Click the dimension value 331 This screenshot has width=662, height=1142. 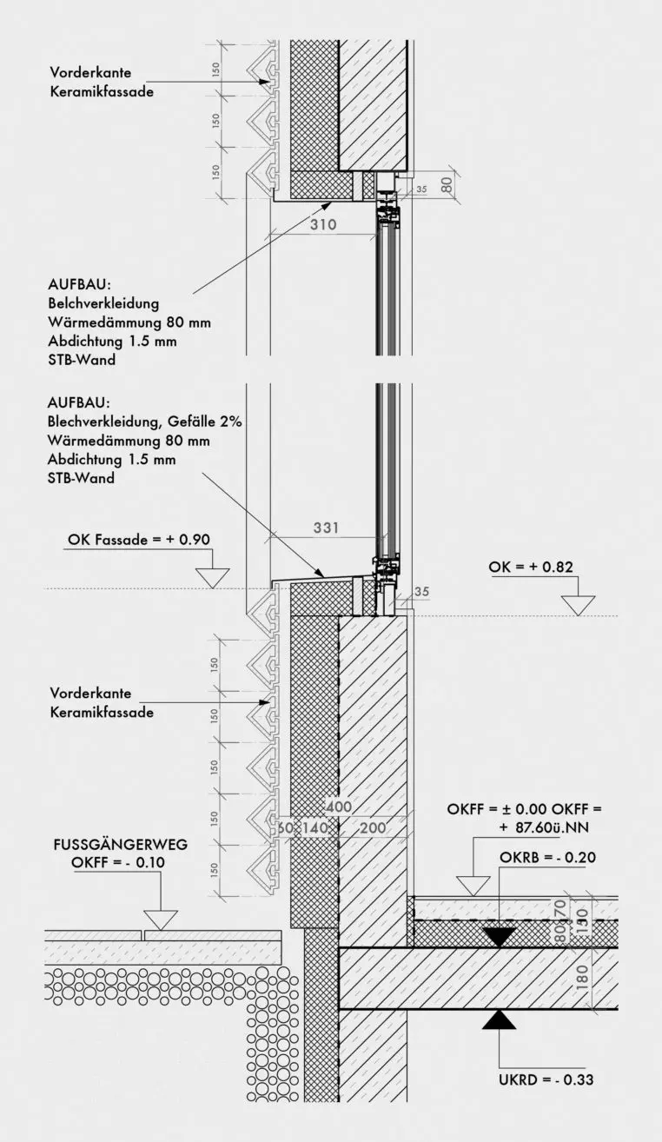[326, 528]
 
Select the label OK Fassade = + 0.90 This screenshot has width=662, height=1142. [139, 540]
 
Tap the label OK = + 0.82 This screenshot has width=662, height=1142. [531, 568]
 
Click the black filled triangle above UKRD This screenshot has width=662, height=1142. [500, 1019]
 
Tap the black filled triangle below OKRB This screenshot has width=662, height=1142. [500, 936]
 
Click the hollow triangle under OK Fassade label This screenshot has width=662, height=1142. [211, 577]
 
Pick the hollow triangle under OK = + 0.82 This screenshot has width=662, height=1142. [578, 605]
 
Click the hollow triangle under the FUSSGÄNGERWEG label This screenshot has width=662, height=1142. [161, 920]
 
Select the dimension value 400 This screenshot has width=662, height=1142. [340, 807]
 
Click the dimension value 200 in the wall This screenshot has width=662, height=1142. [373, 828]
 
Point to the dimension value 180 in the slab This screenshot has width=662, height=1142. [583, 977]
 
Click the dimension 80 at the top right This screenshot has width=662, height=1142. [447, 183]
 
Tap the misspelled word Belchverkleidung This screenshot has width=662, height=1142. [104, 303]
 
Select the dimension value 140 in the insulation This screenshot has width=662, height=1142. [316, 828]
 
